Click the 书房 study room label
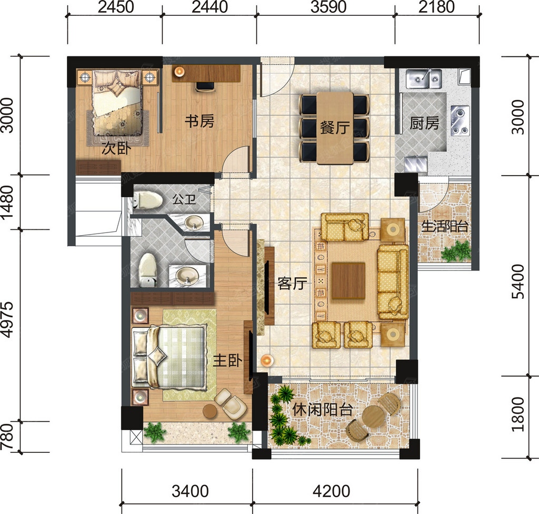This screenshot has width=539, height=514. [x=199, y=121]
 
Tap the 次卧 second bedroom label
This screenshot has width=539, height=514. [x=116, y=149]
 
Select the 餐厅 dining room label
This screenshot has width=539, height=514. [x=335, y=128]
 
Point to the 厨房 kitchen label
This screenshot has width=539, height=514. [x=424, y=123]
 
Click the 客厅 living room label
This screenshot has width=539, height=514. [x=292, y=284]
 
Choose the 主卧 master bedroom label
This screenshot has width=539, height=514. [x=227, y=360]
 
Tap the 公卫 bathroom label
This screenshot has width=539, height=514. [x=184, y=199]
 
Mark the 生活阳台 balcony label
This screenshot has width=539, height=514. [x=445, y=227]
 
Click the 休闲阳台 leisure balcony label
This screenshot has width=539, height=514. [x=323, y=409]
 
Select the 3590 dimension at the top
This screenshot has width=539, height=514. [x=328, y=7]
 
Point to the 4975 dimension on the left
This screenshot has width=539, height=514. [x=7, y=319]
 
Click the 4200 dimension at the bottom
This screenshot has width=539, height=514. [x=332, y=491]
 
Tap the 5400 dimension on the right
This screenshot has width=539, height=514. [x=518, y=282]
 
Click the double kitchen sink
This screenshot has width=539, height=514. [x=424, y=79]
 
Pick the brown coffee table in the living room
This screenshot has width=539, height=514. [x=348, y=280]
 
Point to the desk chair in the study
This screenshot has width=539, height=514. [x=205, y=86]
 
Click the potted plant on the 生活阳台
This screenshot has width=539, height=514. [x=455, y=251]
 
